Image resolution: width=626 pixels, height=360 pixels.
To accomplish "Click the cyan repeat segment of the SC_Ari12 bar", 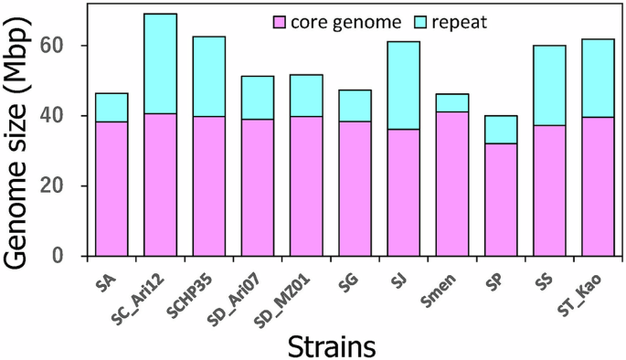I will point(160,64).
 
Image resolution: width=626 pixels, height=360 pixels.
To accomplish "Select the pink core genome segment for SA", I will point(111,189).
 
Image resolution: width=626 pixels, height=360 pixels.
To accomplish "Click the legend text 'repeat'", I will point(462,21).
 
